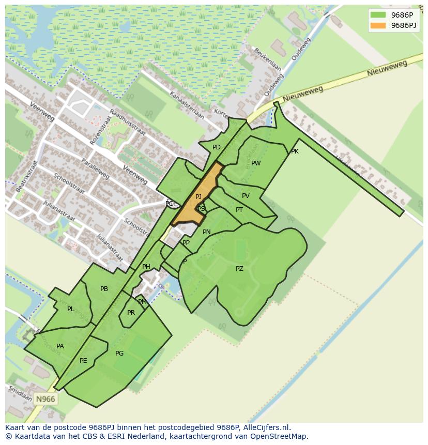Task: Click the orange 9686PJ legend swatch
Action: [378, 25]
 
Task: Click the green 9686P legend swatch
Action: [378, 15]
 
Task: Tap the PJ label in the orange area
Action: [198, 197]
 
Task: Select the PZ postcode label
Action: [239, 269]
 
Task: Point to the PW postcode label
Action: [256, 163]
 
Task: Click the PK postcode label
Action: [295, 152]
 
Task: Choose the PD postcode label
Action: [217, 147]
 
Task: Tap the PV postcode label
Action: [246, 196]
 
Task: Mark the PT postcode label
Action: [239, 210]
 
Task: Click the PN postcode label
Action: [207, 232]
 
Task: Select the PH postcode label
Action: [146, 267]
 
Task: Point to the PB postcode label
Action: [104, 289]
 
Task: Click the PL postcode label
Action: [71, 309]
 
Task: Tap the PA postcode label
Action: [60, 346]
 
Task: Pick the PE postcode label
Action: [83, 361]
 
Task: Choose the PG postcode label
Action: [119, 354]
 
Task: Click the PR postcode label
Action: [131, 313]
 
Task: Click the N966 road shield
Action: [45, 399]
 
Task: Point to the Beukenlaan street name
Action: [267, 60]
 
